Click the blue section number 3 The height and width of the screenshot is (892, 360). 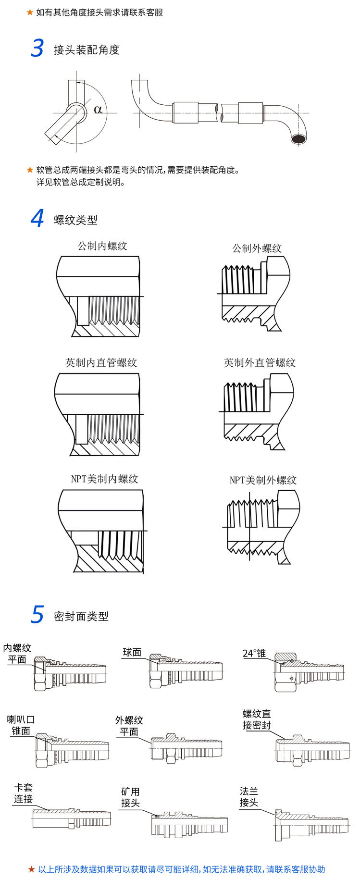[x=37, y=49]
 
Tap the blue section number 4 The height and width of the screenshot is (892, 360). [x=37, y=218]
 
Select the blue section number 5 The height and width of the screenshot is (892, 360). [x=37, y=615]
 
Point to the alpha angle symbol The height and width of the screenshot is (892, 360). [x=98, y=110]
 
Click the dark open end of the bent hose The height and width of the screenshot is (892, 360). [x=299, y=139]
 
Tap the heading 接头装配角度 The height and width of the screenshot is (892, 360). [x=87, y=50]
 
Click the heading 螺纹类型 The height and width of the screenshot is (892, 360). [x=75, y=220]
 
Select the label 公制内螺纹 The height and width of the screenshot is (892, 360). [x=102, y=246]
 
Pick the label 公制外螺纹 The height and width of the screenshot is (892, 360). [x=257, y=248]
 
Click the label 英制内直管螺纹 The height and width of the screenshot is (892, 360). [x=101, y=363]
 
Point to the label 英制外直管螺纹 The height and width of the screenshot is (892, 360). [x=260, y=363]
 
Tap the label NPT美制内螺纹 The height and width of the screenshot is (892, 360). [x=104, y=479]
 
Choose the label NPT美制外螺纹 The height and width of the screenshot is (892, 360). [x=263, y=480]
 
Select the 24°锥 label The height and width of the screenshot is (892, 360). [x=254, y=653]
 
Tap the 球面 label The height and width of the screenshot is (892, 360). [x=132, y=652]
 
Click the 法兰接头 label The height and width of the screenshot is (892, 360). [x=249, y=796]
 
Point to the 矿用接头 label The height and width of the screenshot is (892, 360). [x=130, y=797]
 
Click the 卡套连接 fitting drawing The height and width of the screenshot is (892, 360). [x=71, y=818]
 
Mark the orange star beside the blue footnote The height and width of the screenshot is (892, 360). [x=32, y=869]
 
